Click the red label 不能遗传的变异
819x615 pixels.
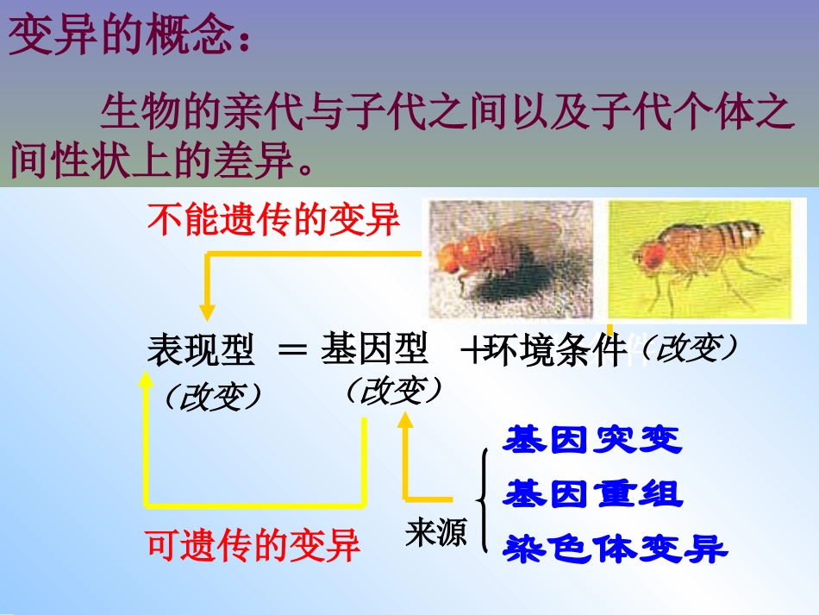click(274, 219)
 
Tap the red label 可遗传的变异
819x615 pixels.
click(253, 545)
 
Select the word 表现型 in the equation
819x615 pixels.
click(201, 351)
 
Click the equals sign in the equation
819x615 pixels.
click(293, 352)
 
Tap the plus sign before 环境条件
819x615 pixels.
click(471, 352)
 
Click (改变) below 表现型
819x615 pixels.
click(212, 397)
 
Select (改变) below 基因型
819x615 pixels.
click(393, 391)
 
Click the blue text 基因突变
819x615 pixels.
click(593, 440)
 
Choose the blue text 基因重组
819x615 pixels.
click(593, 494)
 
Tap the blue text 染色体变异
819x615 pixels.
click(616, 548)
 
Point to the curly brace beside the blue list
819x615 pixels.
click(484, 498)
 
